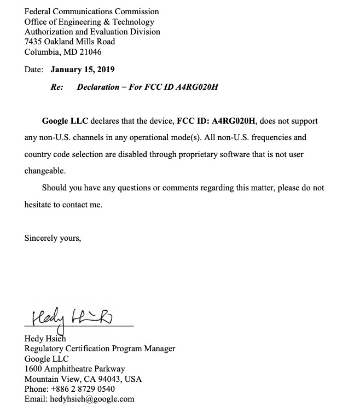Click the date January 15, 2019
(x=83, y=69)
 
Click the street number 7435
(x=34, y=42)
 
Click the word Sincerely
(x=42, y=238)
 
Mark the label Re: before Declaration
(x=57, y=87)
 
